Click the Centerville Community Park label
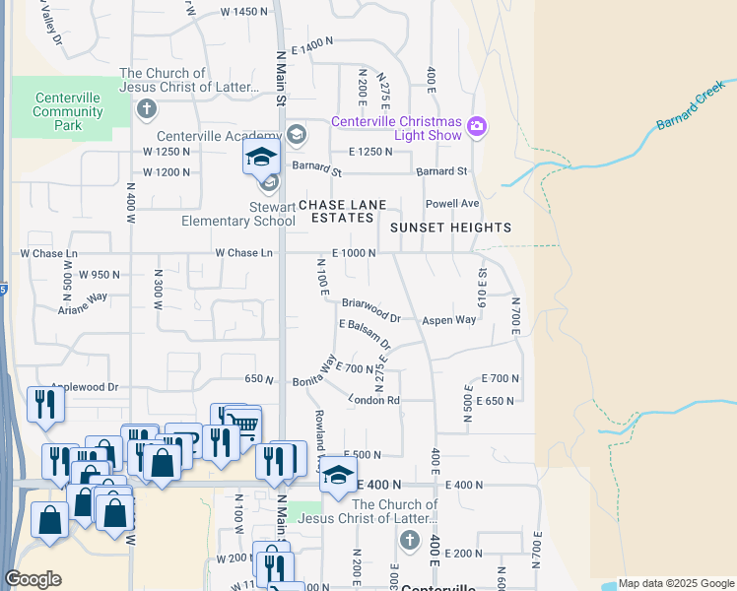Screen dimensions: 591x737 coord(68,111)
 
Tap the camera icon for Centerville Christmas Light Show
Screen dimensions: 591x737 coord(478,125)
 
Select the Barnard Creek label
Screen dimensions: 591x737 coord(690,112)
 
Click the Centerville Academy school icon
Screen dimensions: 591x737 coord(295,134)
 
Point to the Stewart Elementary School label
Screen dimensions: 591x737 coord(237,214)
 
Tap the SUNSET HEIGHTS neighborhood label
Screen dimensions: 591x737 coord(450,228)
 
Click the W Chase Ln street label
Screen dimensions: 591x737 coord(244,253)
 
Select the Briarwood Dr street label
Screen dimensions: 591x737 coord(371,311)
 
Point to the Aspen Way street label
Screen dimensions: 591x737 coord(449,321)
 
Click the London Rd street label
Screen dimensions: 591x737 coord(373,400)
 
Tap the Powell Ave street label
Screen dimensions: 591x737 coord(451,204)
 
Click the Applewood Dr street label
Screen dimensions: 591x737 coord(85,387)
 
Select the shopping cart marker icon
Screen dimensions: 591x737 coord(242,426)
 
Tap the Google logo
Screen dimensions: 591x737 coord(33,579)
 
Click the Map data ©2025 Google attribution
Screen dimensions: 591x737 coord(676,584)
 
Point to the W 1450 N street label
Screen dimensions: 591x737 coord(244,12)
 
